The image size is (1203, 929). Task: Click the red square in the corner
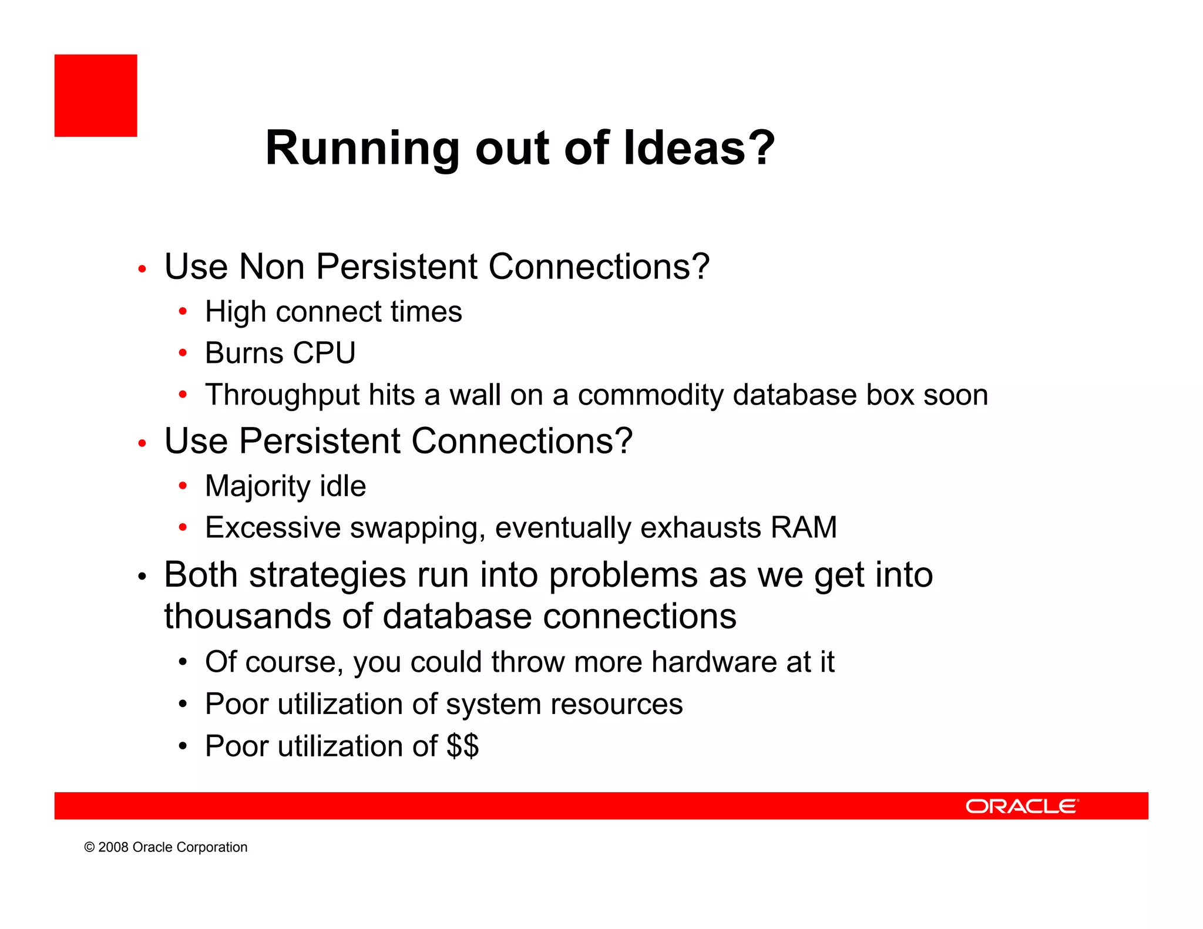96,96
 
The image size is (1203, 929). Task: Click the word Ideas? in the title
699,148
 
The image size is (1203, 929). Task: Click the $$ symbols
462,746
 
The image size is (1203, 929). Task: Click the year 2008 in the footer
113,847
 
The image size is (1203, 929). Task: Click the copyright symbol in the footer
89,847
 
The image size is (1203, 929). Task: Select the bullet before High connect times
183,312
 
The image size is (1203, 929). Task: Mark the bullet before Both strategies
142,578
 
